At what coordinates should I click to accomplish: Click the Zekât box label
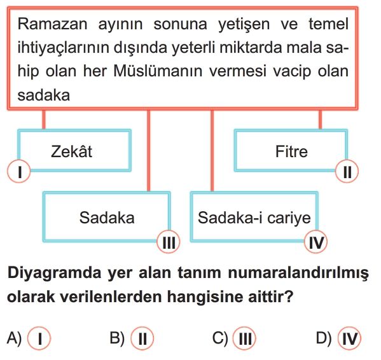[x=71, y=151]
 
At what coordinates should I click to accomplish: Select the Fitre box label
[x=291, y=151]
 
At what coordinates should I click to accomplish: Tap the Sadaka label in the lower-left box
[x=107, y=218]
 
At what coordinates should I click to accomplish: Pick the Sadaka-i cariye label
[x=254, y=218]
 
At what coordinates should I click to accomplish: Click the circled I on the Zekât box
[x=19, y=171]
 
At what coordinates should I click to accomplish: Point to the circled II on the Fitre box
[x=347, y=172]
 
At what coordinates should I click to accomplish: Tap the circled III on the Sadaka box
[x=169, y=242]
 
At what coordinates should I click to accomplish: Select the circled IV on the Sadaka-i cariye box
[x=316, y=242]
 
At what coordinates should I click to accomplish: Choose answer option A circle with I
[x=39, y=338]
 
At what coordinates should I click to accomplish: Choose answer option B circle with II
[x=142, y=338]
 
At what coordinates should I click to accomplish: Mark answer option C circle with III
[x=244, y=338]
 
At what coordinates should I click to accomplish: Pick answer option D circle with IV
[x=349, y=338]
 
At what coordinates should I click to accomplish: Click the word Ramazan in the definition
[x=52, y=24]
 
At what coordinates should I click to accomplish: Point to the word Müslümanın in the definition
[x=158, y=71]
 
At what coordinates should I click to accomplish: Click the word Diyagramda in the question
[x=55, y=273]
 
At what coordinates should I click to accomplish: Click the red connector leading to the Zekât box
[x=44, y=120]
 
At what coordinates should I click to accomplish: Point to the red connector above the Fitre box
[x=320, y=120]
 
